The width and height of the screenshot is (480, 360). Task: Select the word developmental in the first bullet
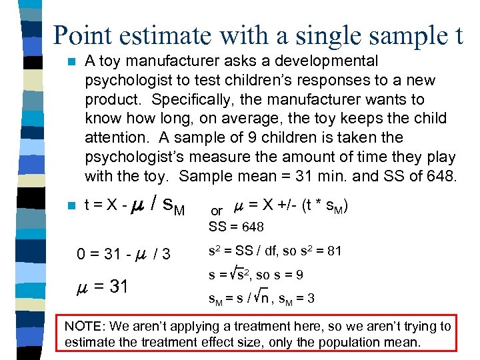(322, 61)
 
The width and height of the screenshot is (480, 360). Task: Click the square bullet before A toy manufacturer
(71, 62)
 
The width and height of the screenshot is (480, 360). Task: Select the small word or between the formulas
(217, 211)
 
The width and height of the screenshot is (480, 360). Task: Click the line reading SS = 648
(236, 227)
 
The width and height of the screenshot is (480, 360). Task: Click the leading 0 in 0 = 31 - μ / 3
(81, 254)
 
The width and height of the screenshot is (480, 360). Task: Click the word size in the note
(223, 343)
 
